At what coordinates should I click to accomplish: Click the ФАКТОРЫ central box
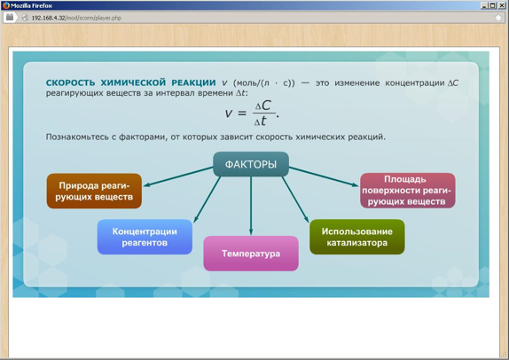tap(251, 164)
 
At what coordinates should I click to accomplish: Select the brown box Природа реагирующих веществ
tap(94, 191)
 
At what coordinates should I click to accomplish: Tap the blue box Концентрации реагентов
tap(145, 237)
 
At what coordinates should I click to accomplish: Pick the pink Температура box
tap(251, 254)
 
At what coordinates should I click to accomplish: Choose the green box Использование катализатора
tap(357, 237)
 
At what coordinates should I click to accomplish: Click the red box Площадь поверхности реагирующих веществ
tap(408, 191)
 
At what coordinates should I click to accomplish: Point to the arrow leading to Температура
tap(251, 206)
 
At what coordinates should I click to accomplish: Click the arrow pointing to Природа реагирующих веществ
tap(178, 176)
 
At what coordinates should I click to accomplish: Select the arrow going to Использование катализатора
tap(295, 200)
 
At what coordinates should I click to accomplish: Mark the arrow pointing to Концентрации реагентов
tap(208, 200)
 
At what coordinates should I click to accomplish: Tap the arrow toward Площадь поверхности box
tap(324, 176)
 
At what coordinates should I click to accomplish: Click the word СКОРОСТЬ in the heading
tap(70, 82)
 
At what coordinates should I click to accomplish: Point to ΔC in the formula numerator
tap(262, 106)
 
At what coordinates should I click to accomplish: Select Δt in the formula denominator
tap(261, 121)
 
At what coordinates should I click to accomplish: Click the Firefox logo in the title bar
tap(5, 5)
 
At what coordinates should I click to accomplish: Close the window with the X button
tap(502, 5)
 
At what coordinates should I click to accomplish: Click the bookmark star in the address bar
tap(498, 18)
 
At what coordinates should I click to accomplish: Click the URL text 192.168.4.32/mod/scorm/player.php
tap(76, 18)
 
